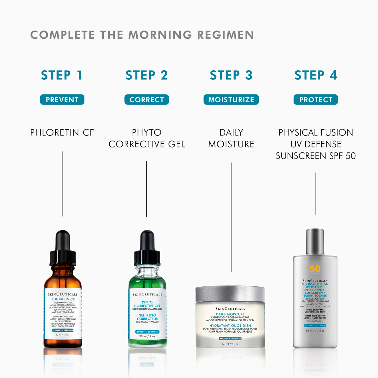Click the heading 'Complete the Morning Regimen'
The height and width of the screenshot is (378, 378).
(x=142, y=35)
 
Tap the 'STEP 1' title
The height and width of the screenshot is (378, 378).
(x=62, y=75)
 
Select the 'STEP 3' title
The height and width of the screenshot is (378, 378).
(x=231, y=75)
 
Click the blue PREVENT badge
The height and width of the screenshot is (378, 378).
(x=62, y=100)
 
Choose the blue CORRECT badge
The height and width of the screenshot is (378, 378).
(x=146, y=100)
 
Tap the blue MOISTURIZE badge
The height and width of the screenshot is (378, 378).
(x=231, y=100)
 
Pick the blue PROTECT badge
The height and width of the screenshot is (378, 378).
(x=316, y=100)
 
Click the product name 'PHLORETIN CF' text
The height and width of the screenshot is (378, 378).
(x=62, y=133)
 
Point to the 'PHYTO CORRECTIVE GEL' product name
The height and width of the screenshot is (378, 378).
(x=146, y=138)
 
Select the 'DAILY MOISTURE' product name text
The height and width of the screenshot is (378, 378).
(x=231, y=138)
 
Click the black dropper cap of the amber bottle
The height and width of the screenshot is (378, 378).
(x=62, y=247)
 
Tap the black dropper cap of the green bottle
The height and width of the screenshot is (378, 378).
(x=147, y=247)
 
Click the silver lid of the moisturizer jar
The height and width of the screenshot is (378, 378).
(x=230, y=294)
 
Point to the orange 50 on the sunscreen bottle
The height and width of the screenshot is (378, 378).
(x=315, y=269)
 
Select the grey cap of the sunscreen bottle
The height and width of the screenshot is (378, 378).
(x=315, y=242)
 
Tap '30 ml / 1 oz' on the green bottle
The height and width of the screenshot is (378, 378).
(x=147, y=336)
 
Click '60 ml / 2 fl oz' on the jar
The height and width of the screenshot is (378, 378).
(x=230, y=344)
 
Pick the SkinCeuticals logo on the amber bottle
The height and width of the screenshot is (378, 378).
(x=62, y=294)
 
